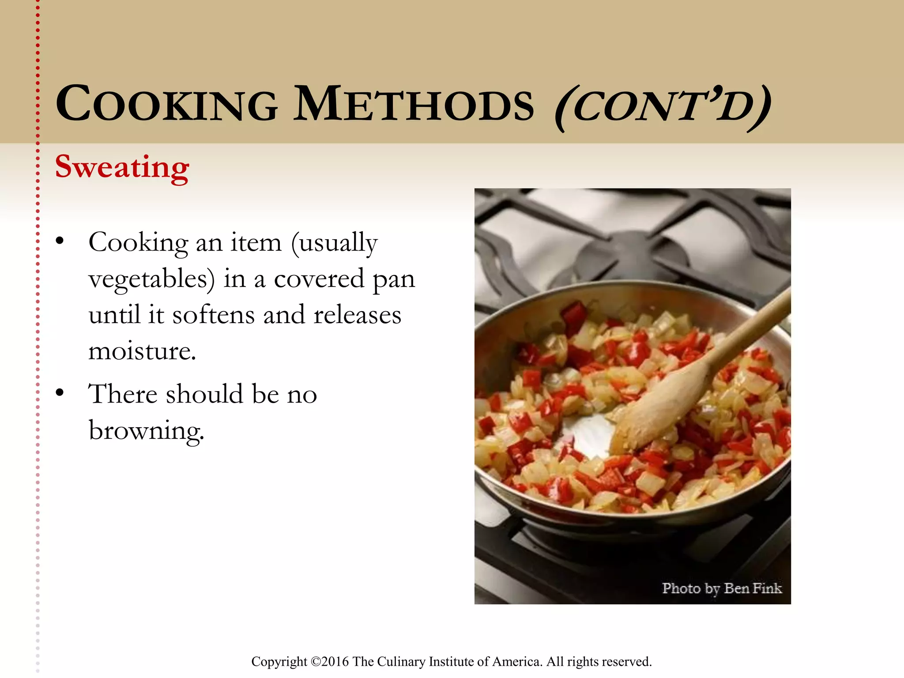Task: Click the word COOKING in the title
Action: click(167, 104)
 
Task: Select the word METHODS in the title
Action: click(414, 104)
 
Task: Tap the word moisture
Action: click(142, 351)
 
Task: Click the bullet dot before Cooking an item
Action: click(60, 241)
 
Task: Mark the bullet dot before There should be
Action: click(60, 393)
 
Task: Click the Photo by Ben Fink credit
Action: click(721, 588)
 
